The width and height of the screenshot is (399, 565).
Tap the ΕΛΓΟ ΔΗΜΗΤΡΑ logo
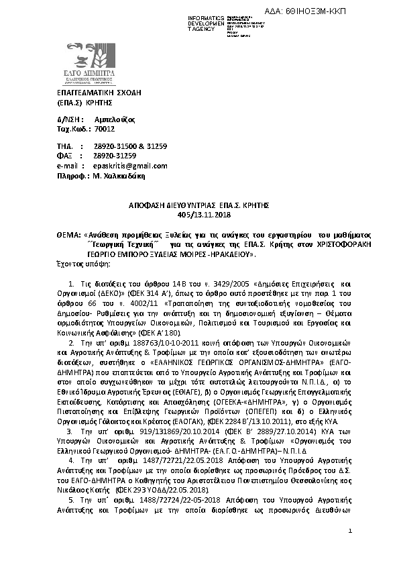pyautogui.click(x=91, y=64)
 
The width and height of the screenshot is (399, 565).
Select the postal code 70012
pyautogui.click(x=105, y=128)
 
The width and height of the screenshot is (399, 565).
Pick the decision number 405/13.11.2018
pyautogui.click(x=199, y=215)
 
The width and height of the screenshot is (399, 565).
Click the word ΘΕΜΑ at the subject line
pyautogui.click(x=68, y=236)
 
